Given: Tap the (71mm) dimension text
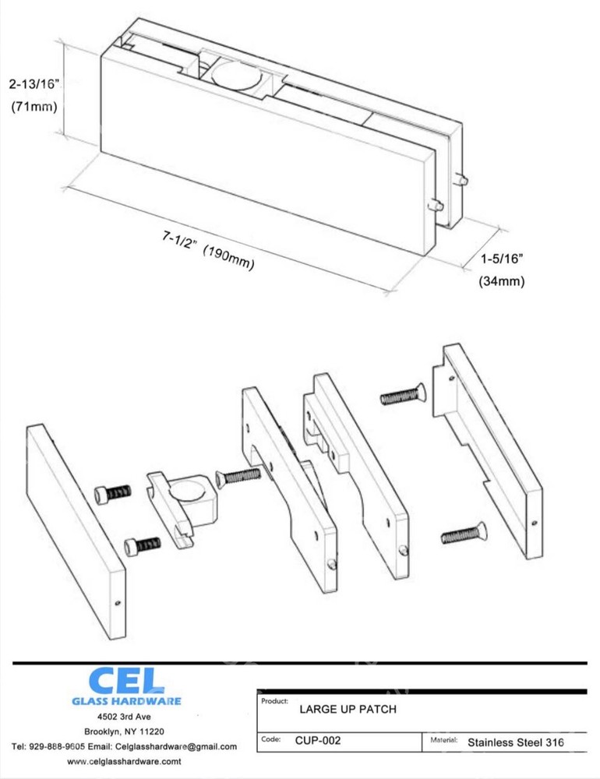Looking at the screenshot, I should (x=34, y=108).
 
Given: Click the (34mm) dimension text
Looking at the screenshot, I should (x=501, y=281).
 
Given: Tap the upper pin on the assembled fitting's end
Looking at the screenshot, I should (x=462, y=179).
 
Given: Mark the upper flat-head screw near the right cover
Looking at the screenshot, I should (x=405, y=397).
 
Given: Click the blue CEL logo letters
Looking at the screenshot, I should (x=125, y=680).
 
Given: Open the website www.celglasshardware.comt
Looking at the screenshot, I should (x=125, y=762).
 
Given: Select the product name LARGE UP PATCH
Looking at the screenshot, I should (x=348, y=710).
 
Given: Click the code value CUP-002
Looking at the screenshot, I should (x=317, y=742).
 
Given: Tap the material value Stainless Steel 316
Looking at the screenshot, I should (x=515, y=742).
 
